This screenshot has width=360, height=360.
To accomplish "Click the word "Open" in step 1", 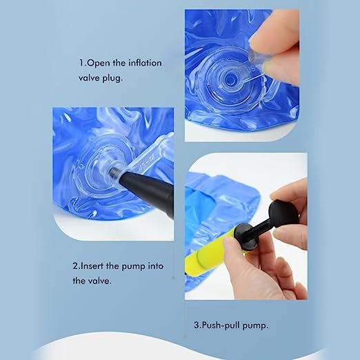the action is [x=99, y=63].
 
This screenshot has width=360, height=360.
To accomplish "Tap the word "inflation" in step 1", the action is [x=145, y=63].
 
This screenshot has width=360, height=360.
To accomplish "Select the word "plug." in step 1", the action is [x=112, y=78].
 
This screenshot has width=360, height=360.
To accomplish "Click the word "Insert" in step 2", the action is [x=92, y=266].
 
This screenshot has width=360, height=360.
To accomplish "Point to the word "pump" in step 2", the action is [x=133, y=267].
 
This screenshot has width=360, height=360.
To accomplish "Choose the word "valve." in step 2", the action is [x=99, y=281].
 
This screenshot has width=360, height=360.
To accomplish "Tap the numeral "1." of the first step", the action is [x=83, y=63].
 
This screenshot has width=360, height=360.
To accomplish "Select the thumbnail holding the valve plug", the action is [x=269, y=66].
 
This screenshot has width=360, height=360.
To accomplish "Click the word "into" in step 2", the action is [x=156, y=266].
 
